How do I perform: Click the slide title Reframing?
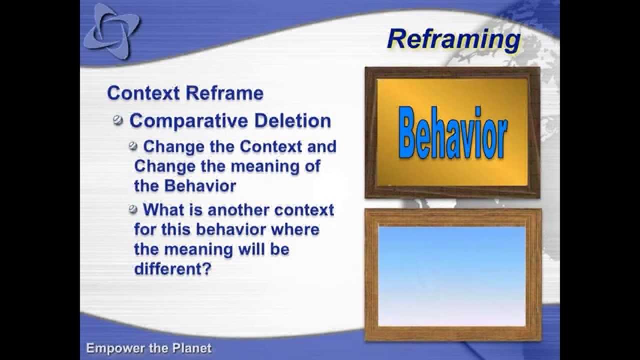(x=453, y=39)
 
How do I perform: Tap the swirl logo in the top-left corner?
(x=111, y=31)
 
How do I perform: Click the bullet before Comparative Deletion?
(x=118, y=120)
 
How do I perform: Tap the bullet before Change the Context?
(x=133, y=146)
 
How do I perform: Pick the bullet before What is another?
(x=133, y=209)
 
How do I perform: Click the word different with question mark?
(x=172, y=268)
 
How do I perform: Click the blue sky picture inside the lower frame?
(x=452, y=276)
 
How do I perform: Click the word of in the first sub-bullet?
(x=312, y=166)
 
